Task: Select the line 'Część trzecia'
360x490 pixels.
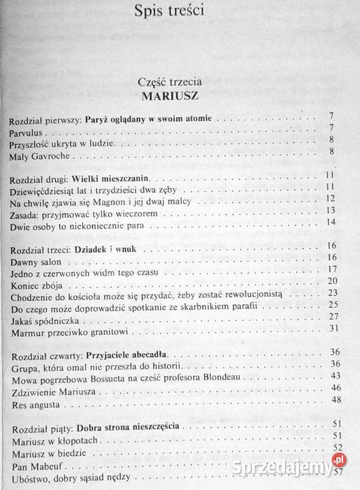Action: coord(179,82)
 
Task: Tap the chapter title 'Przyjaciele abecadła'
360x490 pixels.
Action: coord(131,357)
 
